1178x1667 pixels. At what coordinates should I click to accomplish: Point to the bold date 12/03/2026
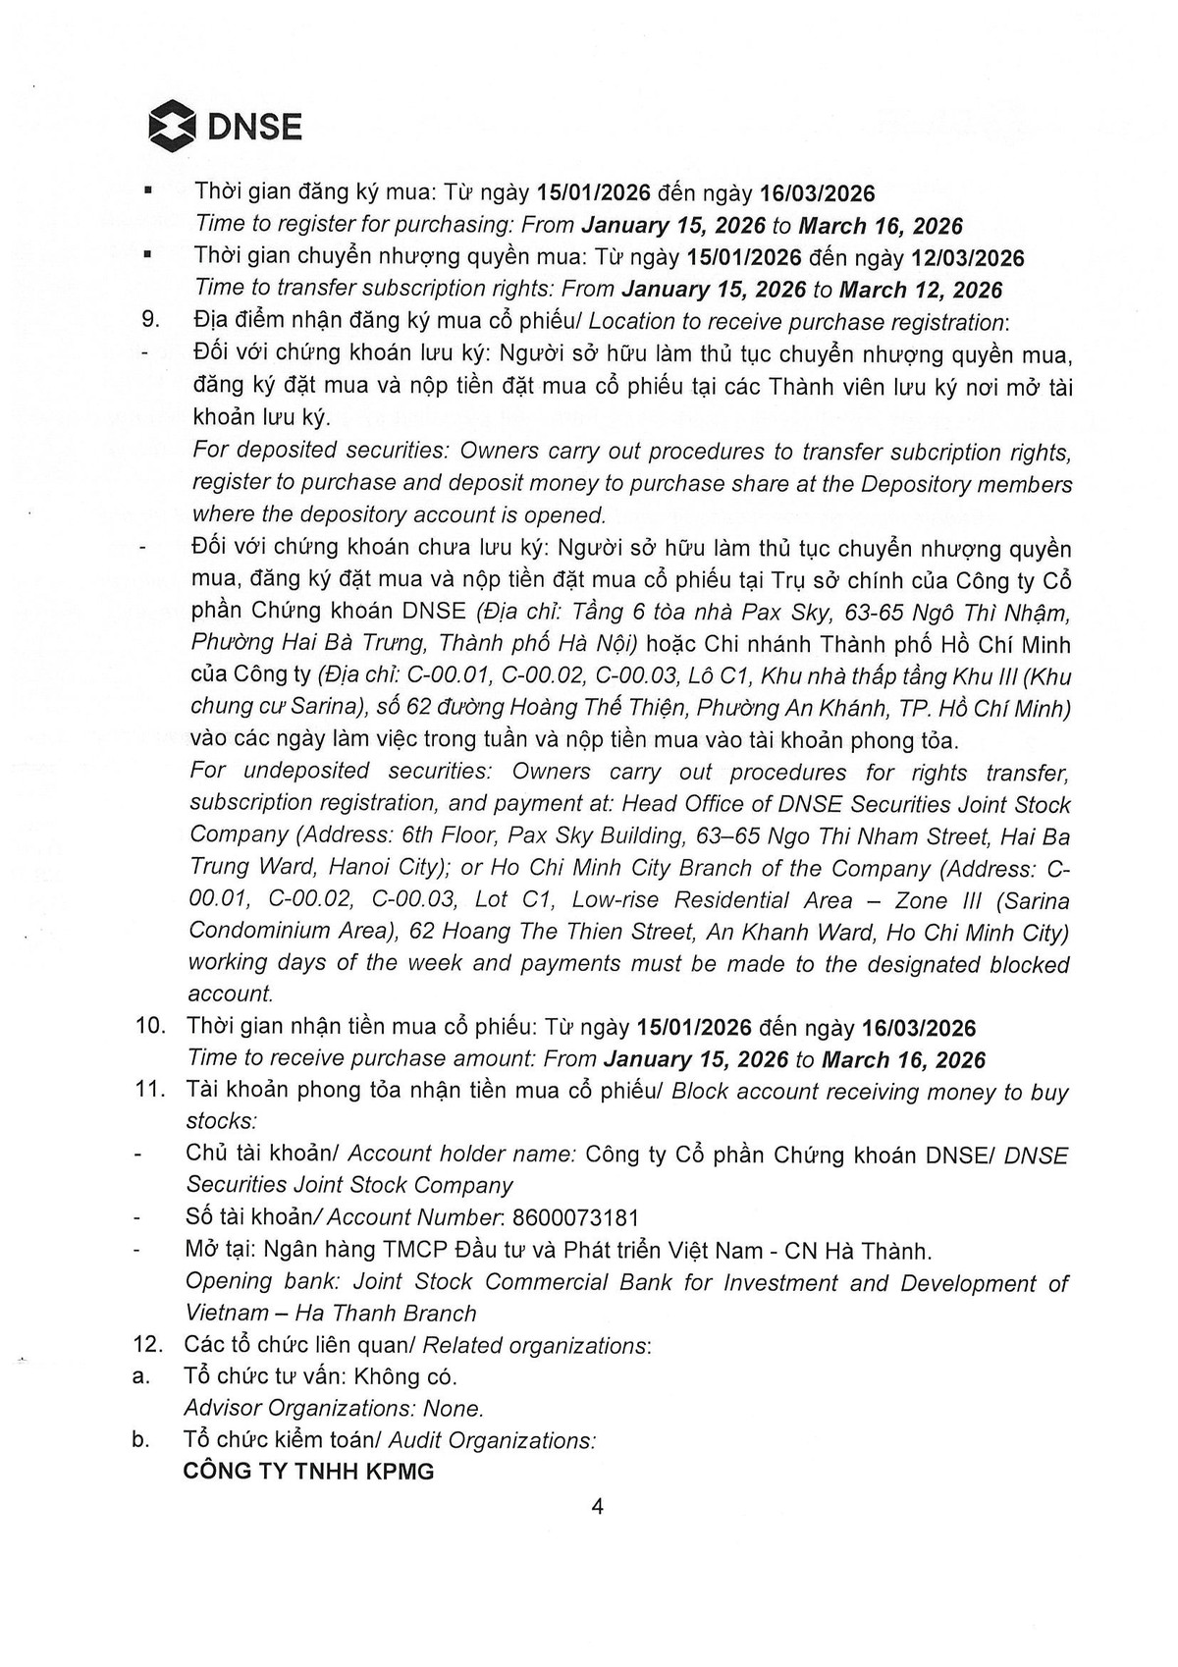click(x=967, y=258)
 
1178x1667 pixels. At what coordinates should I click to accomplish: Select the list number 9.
click(x=150, y=321)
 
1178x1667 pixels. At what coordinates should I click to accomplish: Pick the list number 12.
click(x=149, y=1345)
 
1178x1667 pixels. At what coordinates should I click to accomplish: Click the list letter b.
click(x=141, y=1440)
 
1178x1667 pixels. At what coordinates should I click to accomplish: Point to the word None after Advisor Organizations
click(x=454, y=1409)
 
